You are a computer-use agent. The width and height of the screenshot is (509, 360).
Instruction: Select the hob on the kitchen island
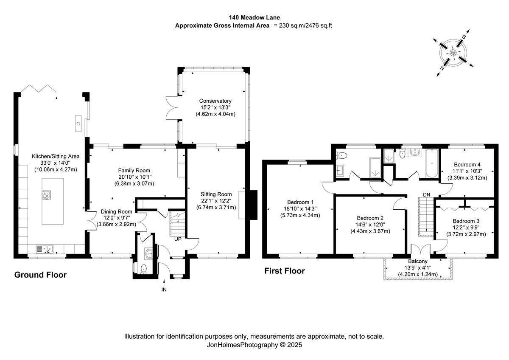47,195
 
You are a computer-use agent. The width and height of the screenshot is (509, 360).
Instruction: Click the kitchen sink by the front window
44,248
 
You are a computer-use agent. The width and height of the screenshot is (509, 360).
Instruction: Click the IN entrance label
164,290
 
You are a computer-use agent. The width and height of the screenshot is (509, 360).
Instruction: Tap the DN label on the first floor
427,194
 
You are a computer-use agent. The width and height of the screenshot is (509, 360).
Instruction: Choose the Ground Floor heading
40,275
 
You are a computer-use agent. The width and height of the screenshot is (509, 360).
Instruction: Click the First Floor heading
285,271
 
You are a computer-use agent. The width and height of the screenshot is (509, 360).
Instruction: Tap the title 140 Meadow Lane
254,18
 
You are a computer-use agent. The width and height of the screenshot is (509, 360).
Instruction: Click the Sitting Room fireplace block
252,205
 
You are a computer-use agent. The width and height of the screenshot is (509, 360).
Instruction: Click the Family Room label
134,170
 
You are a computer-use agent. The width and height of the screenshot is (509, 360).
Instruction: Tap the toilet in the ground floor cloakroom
143,268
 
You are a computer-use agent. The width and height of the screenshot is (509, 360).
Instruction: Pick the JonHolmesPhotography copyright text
254,345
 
